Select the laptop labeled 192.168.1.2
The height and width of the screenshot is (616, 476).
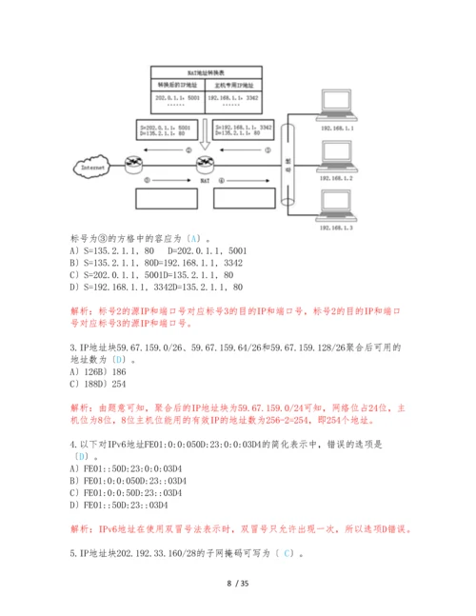tap(335, 158)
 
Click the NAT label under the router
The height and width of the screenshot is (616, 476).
tap(204, 180)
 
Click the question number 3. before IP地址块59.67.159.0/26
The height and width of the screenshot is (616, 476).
tap(74, 347)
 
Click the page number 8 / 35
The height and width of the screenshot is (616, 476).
tap(238, 583)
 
